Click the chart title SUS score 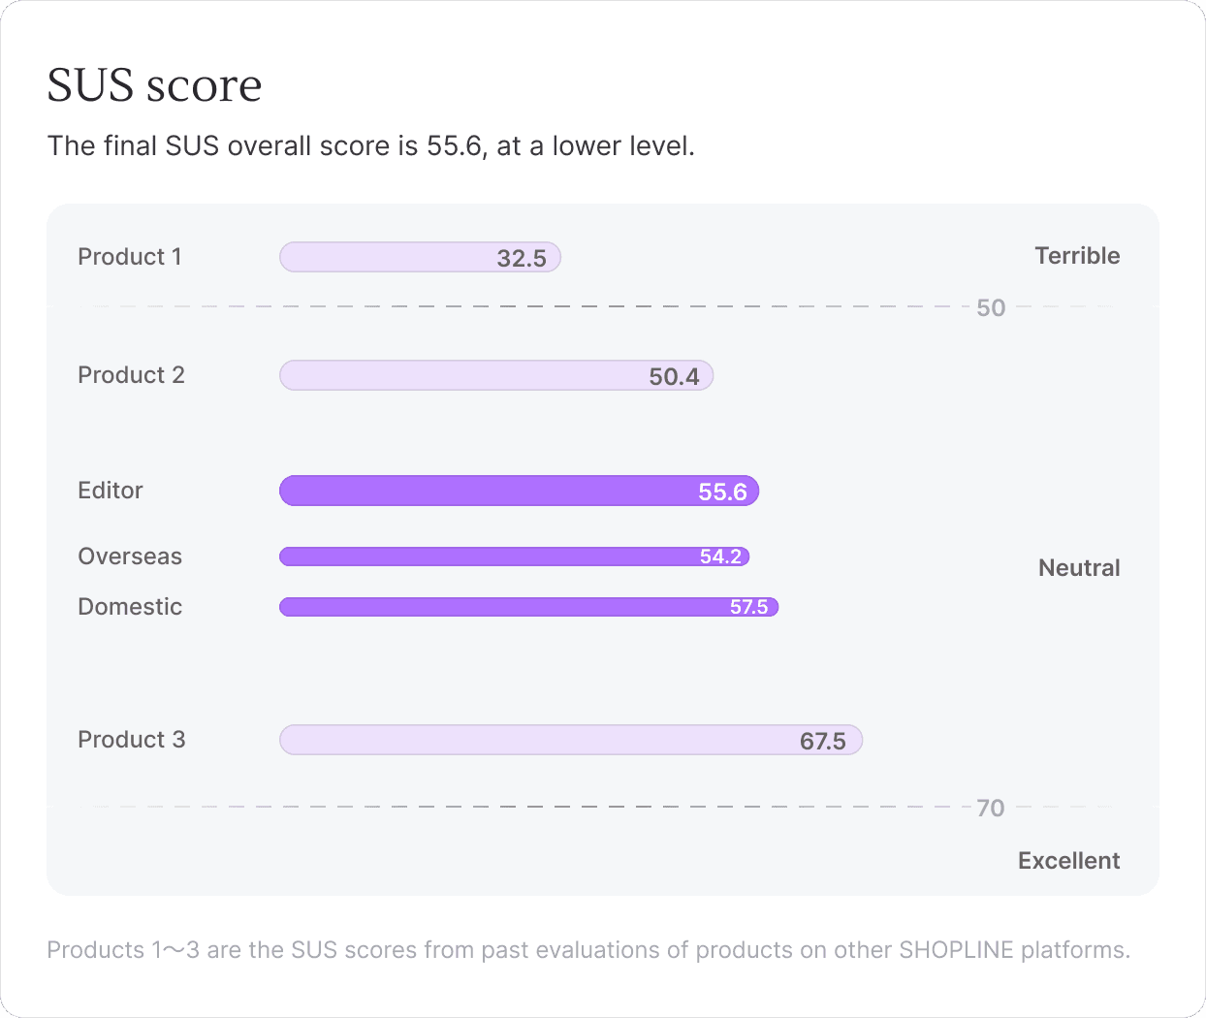point(154,85)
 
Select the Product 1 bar point(420,257)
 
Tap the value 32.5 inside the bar point(522,258)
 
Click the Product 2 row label point(132,375)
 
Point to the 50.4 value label point(674,377)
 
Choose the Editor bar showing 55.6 point(519,491)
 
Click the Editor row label point(111,491)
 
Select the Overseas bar point(514,557)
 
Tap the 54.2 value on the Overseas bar point(720,557)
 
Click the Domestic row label point(130,607)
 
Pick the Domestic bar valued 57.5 point(528,607)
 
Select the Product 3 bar point(571,740)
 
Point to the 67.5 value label point(822,742)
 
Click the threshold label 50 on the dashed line point(991,308)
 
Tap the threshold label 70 point(991,809)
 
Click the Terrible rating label point(1077,256)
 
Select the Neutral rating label point(1079,568)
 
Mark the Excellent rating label point(1069,860)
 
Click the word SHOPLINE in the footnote point(957,950)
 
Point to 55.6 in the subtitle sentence point(454,145)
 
